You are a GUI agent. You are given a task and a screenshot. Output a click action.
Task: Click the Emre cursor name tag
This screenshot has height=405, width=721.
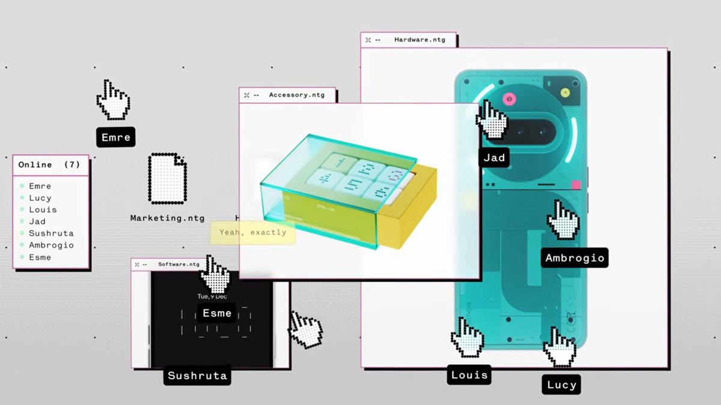click(x=116, y=137)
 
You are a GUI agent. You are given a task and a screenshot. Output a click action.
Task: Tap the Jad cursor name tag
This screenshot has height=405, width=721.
click(x=494, y=158)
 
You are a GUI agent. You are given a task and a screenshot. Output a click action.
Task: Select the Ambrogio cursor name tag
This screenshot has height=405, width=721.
click(x=574, y=258)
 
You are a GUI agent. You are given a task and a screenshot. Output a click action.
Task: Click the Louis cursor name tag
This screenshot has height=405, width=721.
click(x=469, y=375)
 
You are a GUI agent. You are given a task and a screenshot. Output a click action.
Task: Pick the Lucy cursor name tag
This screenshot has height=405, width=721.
click(x=562, y=385)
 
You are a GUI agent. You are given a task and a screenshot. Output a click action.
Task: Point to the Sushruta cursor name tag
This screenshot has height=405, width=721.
click(x=197, y=376)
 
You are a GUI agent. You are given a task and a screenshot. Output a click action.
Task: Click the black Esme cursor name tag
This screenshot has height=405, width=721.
click(x=217, y=313)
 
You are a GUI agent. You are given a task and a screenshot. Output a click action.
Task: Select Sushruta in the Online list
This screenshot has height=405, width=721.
click(x=51, y=233)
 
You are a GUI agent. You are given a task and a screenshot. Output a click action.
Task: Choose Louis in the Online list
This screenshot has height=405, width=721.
click(x=43, y=209)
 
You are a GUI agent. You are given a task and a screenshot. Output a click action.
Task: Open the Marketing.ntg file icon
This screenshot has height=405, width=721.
click(x=167, y=179)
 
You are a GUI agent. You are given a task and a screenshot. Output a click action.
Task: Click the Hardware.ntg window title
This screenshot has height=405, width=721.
click(x=420, y=40)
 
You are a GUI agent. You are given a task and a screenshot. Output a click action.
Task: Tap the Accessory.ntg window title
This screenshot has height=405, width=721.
click(x=296, y=95)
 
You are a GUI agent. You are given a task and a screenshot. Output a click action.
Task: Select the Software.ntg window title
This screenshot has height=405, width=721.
click(x=178, y=264)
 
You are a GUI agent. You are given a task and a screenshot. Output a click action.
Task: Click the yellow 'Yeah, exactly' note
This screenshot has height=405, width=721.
click(x=253, y=232)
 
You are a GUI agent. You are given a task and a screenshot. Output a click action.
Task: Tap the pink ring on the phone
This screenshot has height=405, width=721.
click(x=510, y=98)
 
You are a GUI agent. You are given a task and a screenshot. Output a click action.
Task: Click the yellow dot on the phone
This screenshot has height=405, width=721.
click(x=565, y=93)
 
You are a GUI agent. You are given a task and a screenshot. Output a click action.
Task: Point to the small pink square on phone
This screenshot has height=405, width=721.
click(x=576, y=185)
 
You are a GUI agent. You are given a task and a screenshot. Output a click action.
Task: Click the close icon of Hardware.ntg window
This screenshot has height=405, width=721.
click(x=368, y=40)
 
